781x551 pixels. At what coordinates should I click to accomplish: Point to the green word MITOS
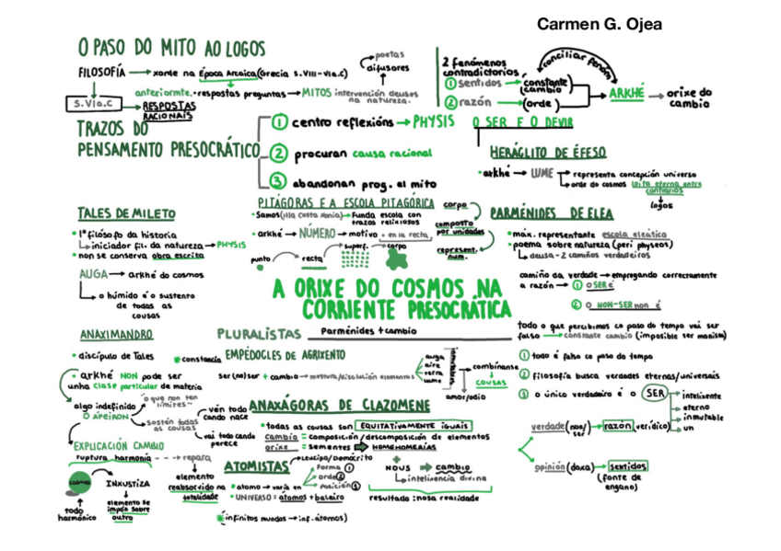316,92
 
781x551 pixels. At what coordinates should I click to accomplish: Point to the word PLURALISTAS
259,333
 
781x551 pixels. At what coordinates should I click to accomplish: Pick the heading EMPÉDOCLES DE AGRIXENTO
285,355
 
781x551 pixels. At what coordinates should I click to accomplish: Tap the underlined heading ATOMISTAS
256,466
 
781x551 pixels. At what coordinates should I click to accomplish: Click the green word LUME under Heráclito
542,172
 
